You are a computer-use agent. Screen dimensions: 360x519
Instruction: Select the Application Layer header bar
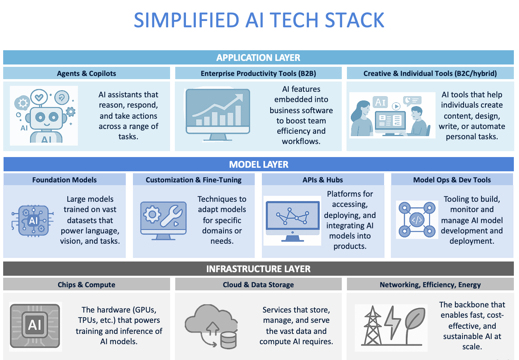pyautogui.click(x=258, y=57)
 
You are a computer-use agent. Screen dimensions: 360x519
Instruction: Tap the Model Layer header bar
pyautogui.click(x=259, y=165)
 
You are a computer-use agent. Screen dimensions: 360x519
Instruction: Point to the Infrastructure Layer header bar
pyautogui.click(x=258, y=269)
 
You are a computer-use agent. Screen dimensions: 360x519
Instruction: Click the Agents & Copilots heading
pyautogui.click(x=87, y=73)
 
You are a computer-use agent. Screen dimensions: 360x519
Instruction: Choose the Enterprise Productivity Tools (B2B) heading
pyautogui.click(x=258, y=73)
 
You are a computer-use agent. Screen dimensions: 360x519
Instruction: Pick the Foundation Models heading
pyautogui.click(x=64, y=180)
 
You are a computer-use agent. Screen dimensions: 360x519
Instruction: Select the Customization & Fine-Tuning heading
pyautogui.click(x=193, y=180)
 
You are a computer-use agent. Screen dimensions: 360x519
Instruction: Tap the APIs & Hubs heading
pyautogui.click(x=323, y=180)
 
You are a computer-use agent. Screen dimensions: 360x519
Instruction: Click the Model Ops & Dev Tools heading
pyautogui.click(x=452, y=180)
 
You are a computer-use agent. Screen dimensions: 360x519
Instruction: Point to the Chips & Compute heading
pyautogui.click(x=87, y=284)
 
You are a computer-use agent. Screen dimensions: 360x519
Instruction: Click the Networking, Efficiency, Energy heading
pyautogui.click(x=430, y=284)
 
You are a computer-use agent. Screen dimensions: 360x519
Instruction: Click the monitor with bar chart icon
pyautogui.click(x=218, y=114)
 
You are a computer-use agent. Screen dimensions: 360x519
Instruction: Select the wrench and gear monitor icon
pyautogui.click(x=163, y=220)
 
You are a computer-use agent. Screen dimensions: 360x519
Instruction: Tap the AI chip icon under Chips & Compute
pyautogui.click(x=36, y=326)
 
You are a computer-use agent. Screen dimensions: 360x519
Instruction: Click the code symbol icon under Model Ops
pyautogui.click(x=417, y=220)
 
